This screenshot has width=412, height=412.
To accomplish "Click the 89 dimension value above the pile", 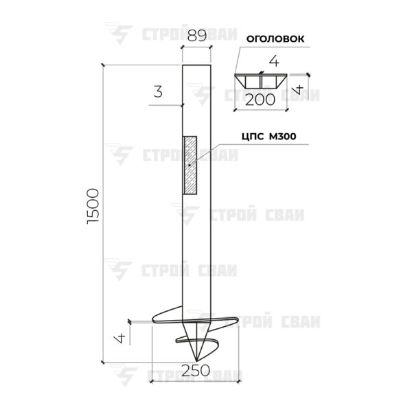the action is tap(197, 36).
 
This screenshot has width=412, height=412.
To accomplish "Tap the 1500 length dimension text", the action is tap(93, 206).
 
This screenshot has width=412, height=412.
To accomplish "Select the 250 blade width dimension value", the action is tap(196, 371).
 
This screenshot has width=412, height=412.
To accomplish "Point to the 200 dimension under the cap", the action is tap(260, 100).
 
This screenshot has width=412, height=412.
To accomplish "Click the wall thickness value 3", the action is tap(158, 92).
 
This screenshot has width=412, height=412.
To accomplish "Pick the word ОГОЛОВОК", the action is tap(275, 39).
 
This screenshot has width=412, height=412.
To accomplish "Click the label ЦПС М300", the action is tap(268, 137).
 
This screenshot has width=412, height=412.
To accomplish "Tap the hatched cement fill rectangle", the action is tap(190, 165).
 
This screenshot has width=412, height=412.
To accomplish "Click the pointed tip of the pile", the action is tap(196, 360).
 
